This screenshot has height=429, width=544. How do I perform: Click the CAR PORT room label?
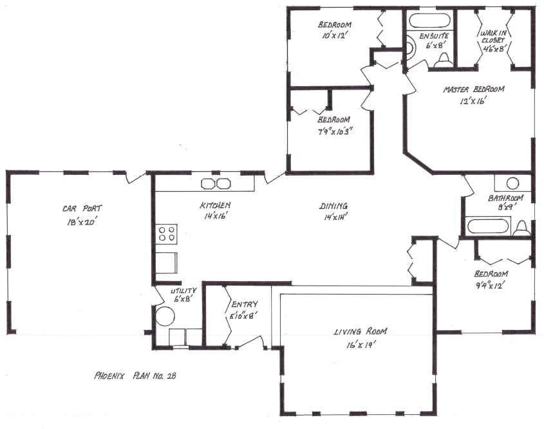(x=82, y=208)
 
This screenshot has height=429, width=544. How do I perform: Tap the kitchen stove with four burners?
(x=167, y=233)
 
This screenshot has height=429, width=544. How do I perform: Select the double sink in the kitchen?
(x=216, y=183)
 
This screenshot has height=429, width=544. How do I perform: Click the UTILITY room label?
(x=183, y=290)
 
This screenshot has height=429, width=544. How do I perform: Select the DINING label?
(x=333, y=206)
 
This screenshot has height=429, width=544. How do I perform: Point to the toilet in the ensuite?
(x=442, y=60)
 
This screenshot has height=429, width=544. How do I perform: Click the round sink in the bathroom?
(x=512, y=182)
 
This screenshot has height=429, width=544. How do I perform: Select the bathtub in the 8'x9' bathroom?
(x=488, y=225)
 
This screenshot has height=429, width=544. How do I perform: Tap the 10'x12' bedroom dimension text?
(x=333, y=37)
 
